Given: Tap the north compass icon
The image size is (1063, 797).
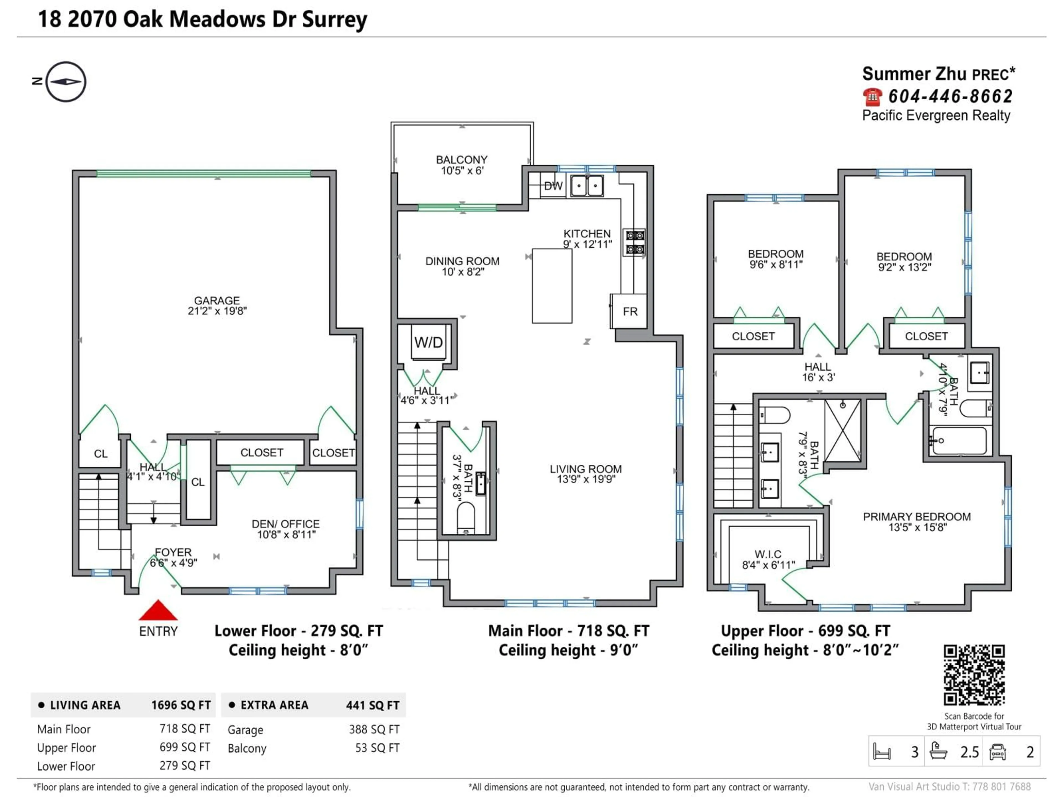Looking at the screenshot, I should click(66, 82).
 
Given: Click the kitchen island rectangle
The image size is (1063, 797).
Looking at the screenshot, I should click(552, 286).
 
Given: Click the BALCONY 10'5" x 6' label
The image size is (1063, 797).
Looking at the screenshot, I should click(461, 165).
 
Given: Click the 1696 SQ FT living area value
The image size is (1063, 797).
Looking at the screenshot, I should click(181, 705).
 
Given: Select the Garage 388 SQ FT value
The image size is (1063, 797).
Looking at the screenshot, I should click(374, 729).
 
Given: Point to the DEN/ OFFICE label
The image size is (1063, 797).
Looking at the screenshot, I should click(285, 529).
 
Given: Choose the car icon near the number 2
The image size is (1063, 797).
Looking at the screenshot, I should click(998, 752).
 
